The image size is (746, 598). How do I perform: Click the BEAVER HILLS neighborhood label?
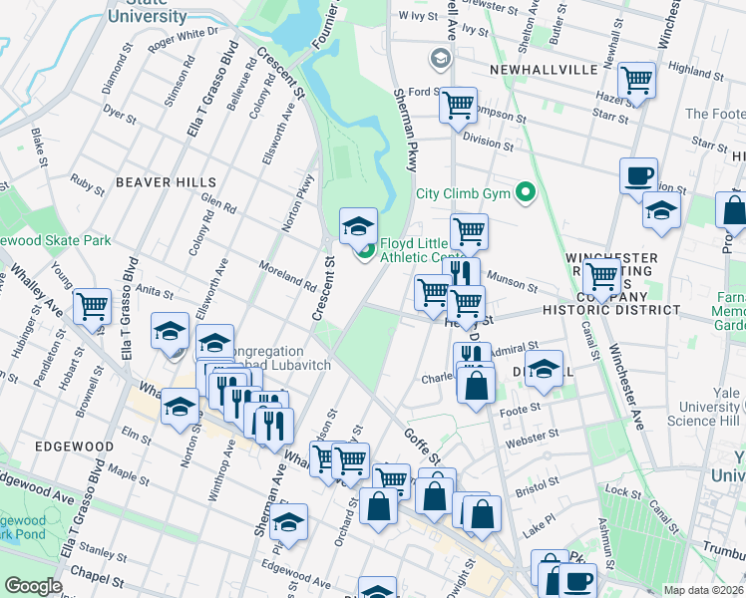[x=166, y=182]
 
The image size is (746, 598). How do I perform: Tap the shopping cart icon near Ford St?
[x=458, y=103]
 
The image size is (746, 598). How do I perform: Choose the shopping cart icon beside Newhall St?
[x=636, y=80]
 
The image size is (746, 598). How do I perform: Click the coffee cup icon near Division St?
[x=638, y=176]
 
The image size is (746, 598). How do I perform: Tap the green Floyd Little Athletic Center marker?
[x=366, y=250]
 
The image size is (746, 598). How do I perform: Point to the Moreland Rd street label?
[x=287, y=278]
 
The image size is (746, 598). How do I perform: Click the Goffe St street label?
[x=421, y=443]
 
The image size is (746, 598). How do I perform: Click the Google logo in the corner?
[x=32, y=586]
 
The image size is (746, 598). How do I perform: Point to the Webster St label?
[x=527, y=440]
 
